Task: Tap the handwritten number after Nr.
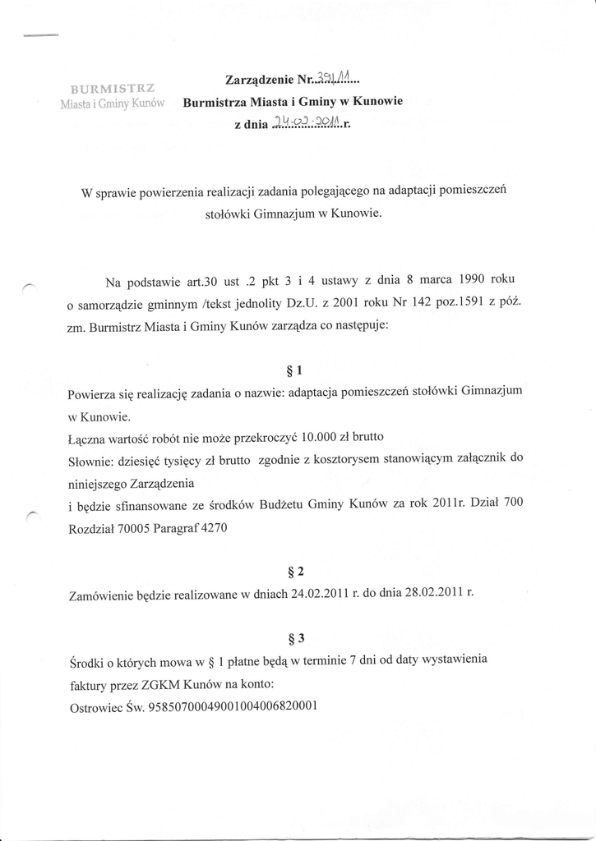tap(331, 79)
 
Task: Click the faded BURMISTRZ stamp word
tap(114, 88)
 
